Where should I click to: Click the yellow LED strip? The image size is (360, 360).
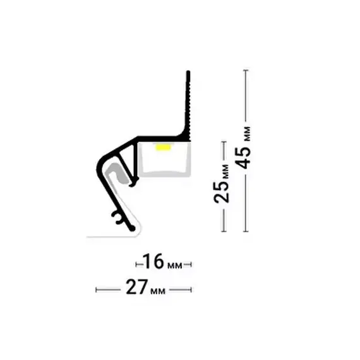pos(163,147)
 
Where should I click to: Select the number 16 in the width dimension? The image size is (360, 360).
pos(153,261)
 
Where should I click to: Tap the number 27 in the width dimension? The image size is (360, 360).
pos(136,287)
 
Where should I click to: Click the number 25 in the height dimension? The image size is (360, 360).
pos(221,192)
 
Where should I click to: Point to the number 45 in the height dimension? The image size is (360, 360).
pos(243,157)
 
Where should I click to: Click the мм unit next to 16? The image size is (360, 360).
pos(175,266)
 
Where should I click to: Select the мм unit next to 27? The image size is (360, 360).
pos(158,291)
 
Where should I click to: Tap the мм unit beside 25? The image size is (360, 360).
pos(226,172)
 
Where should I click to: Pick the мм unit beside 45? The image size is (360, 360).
pos(248,134)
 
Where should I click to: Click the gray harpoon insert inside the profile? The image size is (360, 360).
pos(116,172)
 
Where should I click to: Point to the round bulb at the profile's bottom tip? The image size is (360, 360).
pos(133,229)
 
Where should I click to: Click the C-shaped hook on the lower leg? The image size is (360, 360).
pos(117,218)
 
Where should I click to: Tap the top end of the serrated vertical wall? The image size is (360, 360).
pos(188,71)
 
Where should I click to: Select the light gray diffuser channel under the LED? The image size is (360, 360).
pos(165,160)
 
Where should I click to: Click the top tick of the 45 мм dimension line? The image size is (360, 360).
pos(246,70)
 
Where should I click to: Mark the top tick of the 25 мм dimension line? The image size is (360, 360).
pos(224,142)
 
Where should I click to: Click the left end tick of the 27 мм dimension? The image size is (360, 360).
pos(96,290)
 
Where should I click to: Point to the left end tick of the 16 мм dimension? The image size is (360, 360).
pos(136,265)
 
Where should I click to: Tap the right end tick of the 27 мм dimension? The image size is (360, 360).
pos(191,290)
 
